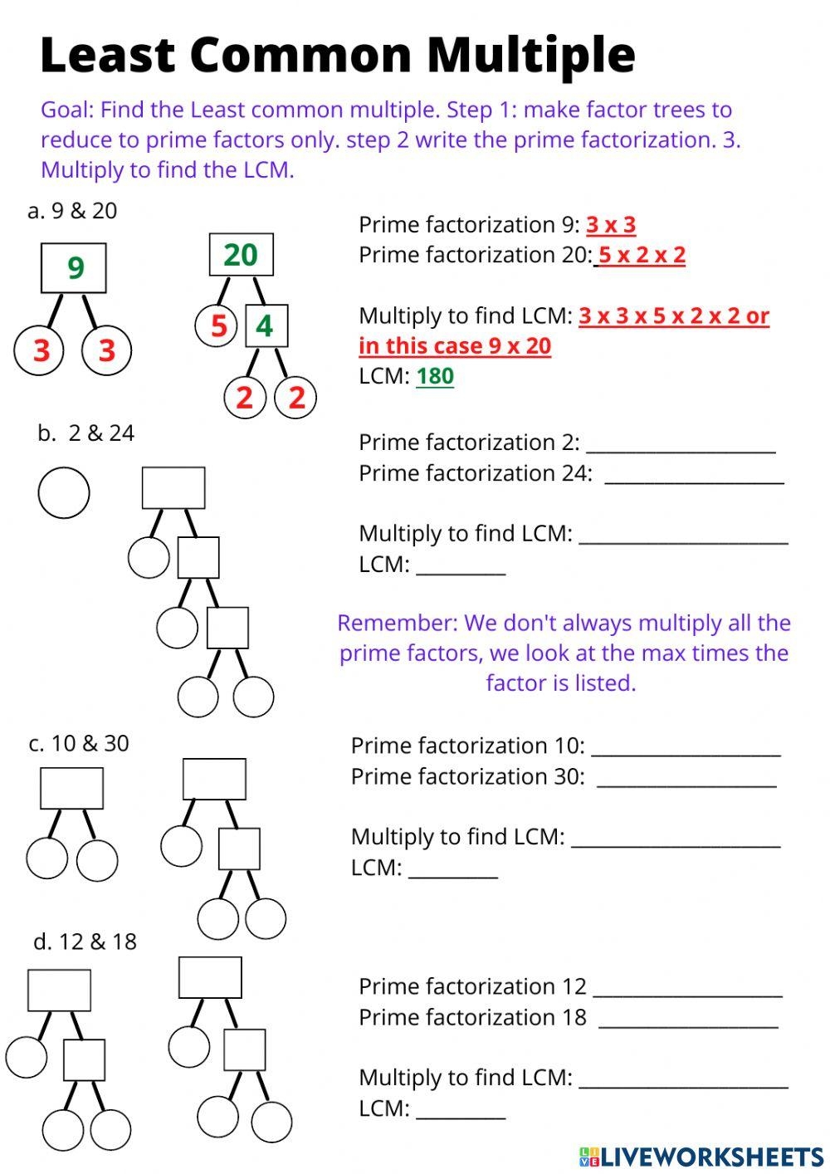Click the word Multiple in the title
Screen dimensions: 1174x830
pos(531,55)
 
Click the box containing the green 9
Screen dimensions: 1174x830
pos(74,268)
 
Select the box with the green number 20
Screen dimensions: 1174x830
pos(241,255)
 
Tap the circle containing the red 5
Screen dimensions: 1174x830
pos(217,325)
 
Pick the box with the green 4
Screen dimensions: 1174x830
pos(266,325)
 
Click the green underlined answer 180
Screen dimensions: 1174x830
pos(435,376)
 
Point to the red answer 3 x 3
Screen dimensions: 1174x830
pos(611,225)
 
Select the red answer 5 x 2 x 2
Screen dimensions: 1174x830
pos(642,255)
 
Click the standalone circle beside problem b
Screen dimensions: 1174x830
pos(64,492)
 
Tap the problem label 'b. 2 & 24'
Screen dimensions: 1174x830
pos(85,433)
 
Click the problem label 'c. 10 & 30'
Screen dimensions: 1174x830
pos(79,743)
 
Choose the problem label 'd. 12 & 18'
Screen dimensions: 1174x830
pos(85,942)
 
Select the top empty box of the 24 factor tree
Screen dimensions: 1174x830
pos(173,487)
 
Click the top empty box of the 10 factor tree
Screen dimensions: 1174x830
pos(72,788)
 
